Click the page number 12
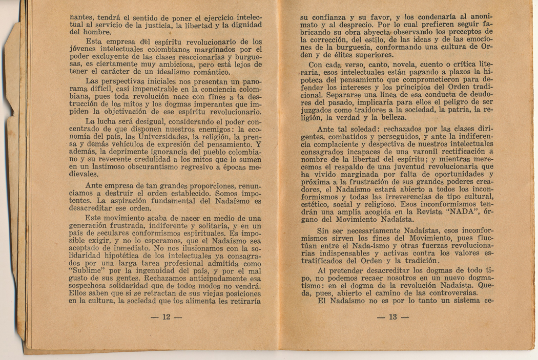[x=165, y=316]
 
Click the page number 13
[x=393, y=317]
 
